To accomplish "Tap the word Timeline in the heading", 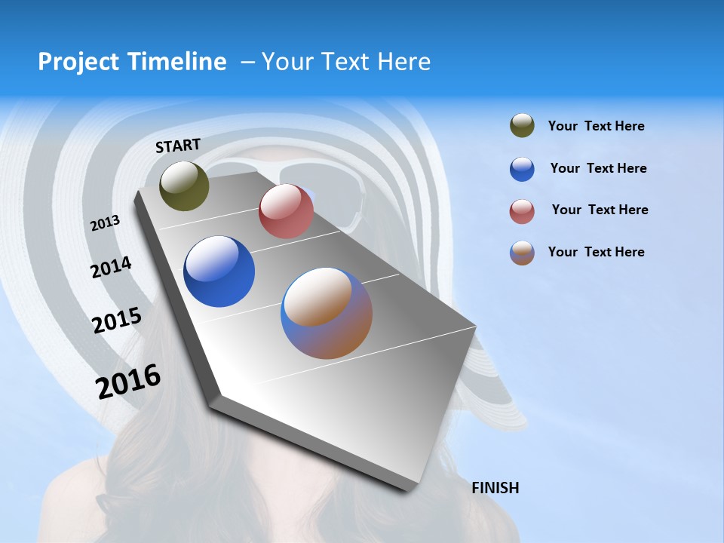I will [178, 62].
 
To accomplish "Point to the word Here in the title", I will [403, 62].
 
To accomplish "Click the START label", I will [178, 146].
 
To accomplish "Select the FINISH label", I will [495, 488].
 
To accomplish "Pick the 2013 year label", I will [105, 223].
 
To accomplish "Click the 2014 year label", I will [111, 268].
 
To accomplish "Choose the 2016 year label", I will [128, 382].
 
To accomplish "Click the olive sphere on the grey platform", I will [184, 186].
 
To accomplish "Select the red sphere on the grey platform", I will [286, 211].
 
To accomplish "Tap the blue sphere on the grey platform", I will [219, 271].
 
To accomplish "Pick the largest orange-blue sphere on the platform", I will [327, 313].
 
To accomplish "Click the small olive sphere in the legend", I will [522, 126].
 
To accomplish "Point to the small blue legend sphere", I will [522, 169].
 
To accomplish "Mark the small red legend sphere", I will [522, 211].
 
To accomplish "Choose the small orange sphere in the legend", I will [522, 253].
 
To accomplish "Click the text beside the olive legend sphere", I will [596, 127].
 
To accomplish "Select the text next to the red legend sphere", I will [600, 210].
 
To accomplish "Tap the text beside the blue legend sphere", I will [598, 168].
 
